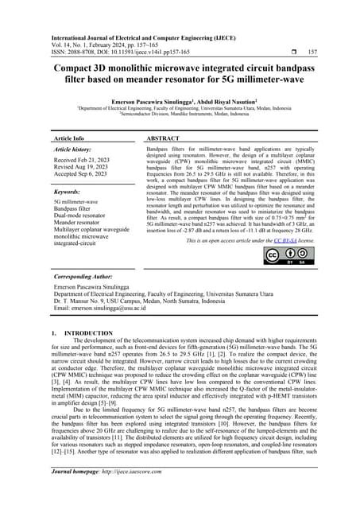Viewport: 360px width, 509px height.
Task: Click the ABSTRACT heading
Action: click(x=165, y=138)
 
